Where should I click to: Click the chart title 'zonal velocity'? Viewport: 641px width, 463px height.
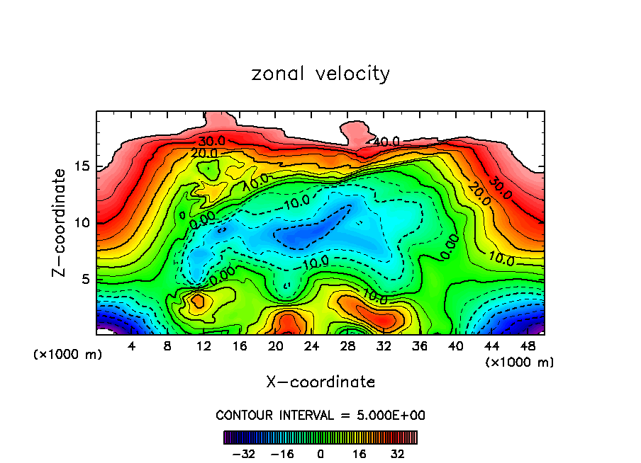point(320,74)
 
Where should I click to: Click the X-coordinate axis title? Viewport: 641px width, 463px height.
point(320,382)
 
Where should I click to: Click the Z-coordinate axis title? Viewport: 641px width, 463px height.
point(60,222)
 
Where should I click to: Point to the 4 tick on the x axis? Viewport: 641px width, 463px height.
point(132,347)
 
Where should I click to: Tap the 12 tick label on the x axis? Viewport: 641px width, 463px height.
point(204,347)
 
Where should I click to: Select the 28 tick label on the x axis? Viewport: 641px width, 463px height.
point(347,347)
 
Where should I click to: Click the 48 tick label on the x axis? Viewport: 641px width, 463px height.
point(527,347)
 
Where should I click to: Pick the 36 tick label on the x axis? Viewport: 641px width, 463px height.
point(419,347)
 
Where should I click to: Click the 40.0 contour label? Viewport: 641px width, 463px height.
point(386,142)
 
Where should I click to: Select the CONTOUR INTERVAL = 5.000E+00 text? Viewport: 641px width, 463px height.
point(320,415)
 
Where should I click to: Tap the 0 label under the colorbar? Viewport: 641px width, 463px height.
point(320,453)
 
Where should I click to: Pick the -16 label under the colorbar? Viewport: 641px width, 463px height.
point(282,453)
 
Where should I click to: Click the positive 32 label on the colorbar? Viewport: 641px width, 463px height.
point(397,453)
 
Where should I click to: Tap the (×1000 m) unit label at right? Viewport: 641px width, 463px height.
point(520,362)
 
